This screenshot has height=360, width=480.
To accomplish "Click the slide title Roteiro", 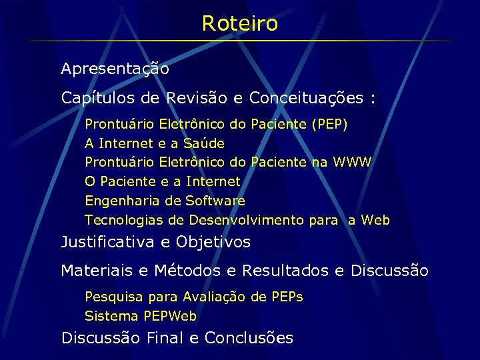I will (x=240, y=24).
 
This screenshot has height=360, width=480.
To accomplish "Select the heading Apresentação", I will (x=115, y=69).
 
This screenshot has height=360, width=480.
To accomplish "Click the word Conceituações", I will (x=306, y=99).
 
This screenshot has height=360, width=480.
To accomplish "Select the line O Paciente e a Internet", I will (x=163, y=181).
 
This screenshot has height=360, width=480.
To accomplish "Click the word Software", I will (x=215, y=201).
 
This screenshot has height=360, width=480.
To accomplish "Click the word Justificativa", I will (x=108, y=242).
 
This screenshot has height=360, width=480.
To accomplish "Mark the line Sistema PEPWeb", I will (x=141, y=316).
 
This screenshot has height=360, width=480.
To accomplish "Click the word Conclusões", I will (x=249, y=338).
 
